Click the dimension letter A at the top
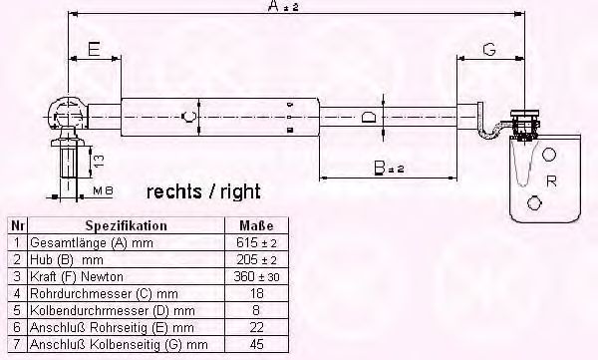(274, 6)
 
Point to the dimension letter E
(94, 50)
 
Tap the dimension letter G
(489, 49)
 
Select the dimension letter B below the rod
(380, 168)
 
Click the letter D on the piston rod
(368, 117)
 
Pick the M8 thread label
(103, 190)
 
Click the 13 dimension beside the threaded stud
(99, 162)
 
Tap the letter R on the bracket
(551, 180)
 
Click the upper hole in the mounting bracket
(549, 155)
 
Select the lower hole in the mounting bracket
(534, 202)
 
